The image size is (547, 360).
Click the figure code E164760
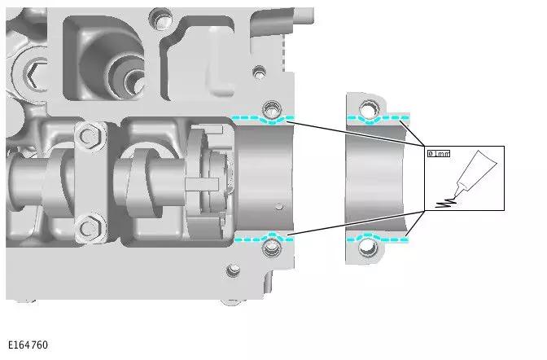28,345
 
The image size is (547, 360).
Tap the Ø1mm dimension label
439,153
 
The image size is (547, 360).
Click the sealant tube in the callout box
475,173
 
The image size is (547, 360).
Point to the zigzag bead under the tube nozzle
446,203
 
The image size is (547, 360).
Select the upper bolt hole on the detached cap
368,108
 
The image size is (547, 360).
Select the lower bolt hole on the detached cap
368,248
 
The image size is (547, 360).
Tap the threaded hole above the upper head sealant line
272,109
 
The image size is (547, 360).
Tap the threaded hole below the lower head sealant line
272,248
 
